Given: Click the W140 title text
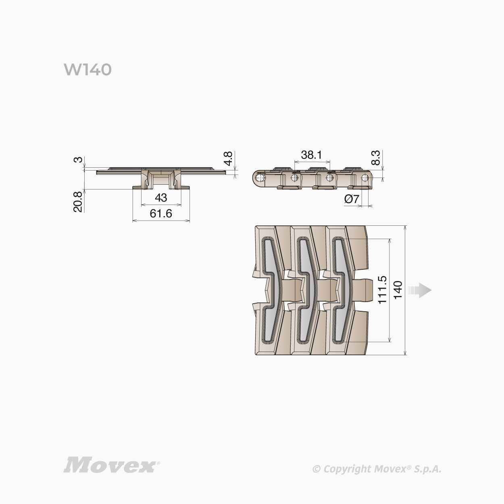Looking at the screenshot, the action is (88, 70).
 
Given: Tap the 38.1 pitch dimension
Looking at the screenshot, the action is (311, 155).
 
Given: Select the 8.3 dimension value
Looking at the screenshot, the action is (375, 158).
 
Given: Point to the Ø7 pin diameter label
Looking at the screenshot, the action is (352, 199).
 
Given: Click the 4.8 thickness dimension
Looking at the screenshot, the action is (229, 158).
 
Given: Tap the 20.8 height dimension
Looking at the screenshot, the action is (78, 201).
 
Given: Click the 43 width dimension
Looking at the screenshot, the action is (161, 198).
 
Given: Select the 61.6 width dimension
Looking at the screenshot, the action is (161, 214).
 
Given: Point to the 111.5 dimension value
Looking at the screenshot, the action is (382, 290).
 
